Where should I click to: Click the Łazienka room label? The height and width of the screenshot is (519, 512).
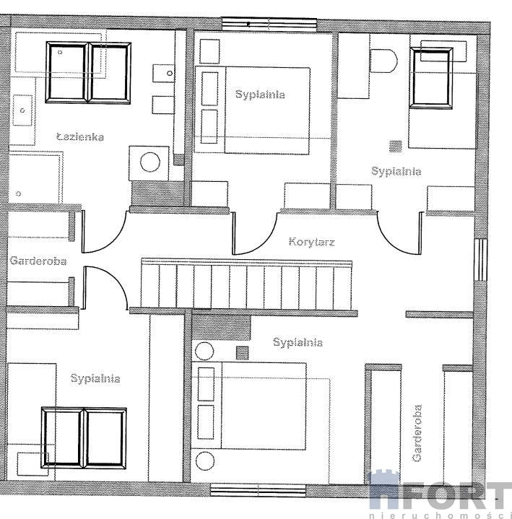[x=80, y=136]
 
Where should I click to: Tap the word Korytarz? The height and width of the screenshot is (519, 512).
[x=312, y=241]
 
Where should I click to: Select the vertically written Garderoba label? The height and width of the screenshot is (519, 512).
[x=417, y=433]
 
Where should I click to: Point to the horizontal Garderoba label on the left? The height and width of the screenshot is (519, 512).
[x=38, y=261]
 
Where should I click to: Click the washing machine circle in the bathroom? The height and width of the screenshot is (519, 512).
[x=150, y=162]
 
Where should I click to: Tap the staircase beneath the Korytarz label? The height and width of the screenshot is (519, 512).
[x=246, y=284]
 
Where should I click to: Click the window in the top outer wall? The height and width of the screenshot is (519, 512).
[x=269, y=24]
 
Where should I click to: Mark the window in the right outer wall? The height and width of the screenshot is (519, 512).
[x=480, y=260]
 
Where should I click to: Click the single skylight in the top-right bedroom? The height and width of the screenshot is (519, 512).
[x=431, y=78]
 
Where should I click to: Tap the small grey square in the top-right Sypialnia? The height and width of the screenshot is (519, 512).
[x=396, y=146]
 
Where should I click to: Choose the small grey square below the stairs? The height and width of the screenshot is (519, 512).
[x=243, y=353]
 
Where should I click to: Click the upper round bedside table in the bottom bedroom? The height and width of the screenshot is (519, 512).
[x=204, y=352]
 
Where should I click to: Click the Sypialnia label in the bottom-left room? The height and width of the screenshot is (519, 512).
[x=95, y=378]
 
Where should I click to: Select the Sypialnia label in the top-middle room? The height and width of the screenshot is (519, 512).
[x=260, y=95]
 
